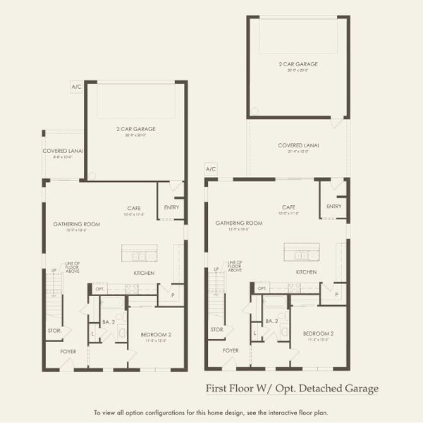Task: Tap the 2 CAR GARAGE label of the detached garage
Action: point(298,64)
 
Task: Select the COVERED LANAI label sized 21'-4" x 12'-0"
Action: point(298,145)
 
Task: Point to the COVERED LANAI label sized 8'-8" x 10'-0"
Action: point(58,151)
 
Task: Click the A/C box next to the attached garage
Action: point(76,87)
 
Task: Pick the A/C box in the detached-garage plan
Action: point(210,169)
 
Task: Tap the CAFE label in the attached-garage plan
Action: point(135,208)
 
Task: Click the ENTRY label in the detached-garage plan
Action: point(334,207)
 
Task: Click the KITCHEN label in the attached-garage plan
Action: point(144,273)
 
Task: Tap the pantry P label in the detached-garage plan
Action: point(336,294)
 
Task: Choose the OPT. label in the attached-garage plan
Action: point(100,289)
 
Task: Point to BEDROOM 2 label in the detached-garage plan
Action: point(318,333)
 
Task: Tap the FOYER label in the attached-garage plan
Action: point(68,350)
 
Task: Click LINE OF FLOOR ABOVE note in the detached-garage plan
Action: point(235,266)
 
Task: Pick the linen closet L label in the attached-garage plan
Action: point(92,333)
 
